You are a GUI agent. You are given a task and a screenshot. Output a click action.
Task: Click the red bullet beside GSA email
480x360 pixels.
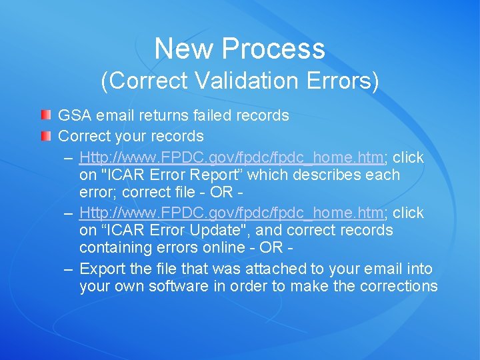45,115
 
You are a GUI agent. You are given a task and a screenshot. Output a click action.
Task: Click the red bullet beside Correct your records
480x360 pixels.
45,136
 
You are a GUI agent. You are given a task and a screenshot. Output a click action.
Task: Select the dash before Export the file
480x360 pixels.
68,269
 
